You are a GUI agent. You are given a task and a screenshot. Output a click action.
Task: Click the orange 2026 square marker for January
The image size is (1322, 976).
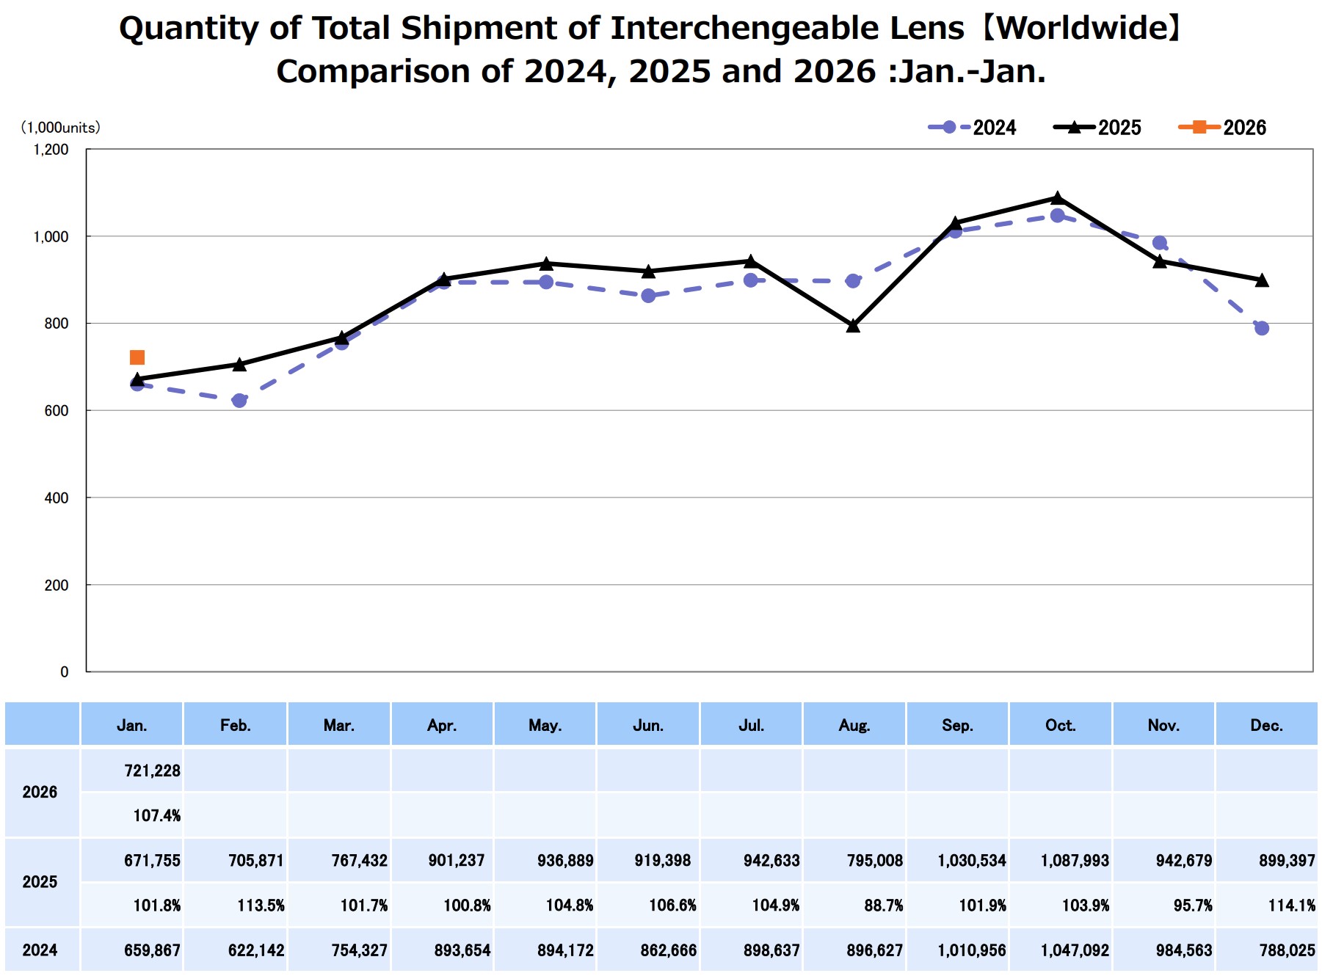tap(137, 357)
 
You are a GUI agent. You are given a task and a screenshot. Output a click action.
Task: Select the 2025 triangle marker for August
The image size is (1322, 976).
tap(853, 326)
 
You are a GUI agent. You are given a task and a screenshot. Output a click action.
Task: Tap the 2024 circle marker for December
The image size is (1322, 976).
tap(1262, 328)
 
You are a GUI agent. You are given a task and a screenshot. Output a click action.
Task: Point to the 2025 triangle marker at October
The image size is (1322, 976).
tap(1057, 198)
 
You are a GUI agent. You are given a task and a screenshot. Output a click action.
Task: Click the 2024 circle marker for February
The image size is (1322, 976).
tap(239, 401)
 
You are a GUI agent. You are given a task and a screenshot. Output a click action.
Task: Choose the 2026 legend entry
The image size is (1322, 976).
tap(1223, 128)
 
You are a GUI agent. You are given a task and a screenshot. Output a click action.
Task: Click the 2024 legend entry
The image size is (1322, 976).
tap(973, 128)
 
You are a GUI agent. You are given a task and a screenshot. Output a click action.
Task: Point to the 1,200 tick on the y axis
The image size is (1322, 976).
tap(51, 150)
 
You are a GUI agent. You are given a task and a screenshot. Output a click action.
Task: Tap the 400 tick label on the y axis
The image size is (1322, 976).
tap(56, 498)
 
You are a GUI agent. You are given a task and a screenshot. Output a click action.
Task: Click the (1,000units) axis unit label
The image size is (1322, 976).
tap(60, 128)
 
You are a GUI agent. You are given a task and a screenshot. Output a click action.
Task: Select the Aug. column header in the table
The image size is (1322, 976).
tap(854, 725)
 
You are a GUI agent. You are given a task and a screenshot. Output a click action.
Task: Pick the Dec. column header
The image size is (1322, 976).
tap(1266, 725)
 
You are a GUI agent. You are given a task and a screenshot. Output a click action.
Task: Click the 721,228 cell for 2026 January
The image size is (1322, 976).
tap(152, 771)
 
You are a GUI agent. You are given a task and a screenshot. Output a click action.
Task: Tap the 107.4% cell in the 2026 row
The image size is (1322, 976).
tap(156, 815)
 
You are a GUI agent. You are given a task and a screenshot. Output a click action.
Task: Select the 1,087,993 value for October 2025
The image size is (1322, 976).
tap(1075, 860)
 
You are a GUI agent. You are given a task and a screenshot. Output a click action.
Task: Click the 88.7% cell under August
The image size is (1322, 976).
tap(883, 905)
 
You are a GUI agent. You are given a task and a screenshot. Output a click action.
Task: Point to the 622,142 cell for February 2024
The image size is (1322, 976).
tap(255, 950)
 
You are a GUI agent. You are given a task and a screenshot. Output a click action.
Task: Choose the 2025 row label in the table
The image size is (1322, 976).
tap(40, 882)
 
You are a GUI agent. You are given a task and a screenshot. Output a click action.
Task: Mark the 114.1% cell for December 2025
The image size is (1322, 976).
tap(1291, 905)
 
